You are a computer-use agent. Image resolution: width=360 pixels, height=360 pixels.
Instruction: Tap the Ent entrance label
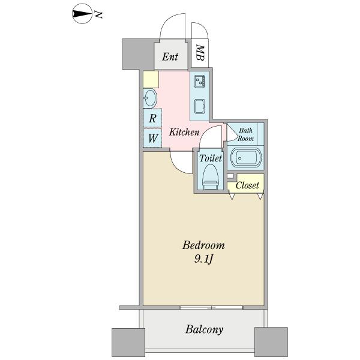click(x=170, y=57)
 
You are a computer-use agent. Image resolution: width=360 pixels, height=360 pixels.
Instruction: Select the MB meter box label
click(x=200, y=53)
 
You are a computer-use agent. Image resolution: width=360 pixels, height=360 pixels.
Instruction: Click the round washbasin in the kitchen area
click(x=149, y=98)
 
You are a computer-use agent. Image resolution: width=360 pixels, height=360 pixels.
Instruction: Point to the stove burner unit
click(x=200, y=81)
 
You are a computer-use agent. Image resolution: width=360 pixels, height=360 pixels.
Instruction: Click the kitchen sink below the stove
click(x=200, y=106)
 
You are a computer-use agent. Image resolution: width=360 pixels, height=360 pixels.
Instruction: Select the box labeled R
click(x=152, y=118)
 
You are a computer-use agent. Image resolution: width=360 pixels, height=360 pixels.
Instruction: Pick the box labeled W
click(x=152, y=138)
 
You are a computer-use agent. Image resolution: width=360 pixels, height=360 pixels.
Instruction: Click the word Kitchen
click(x=184, y=132)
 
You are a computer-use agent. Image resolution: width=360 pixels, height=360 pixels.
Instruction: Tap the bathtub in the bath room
click(x=246, y=158)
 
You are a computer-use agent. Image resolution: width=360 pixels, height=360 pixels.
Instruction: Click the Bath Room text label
click(x=245, y=134)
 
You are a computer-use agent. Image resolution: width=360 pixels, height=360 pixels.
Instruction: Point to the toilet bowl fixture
click(x=210, y=177)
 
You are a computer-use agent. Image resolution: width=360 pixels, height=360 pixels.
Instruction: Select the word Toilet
click(x=211, y=158)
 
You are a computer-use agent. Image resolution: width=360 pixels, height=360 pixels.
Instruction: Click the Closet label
click(x=247, y=185)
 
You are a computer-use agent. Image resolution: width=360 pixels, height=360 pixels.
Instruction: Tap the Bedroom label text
click(x=203, y=245)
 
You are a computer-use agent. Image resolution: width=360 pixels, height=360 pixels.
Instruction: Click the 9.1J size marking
click(x=203, y=259)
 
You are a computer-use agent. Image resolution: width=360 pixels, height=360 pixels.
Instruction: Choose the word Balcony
click(x=204, y=329)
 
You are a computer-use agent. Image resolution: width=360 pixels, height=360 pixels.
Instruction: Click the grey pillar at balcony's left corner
click(x=128, y=343)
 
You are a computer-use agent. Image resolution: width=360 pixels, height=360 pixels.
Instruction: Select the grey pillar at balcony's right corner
click(x=271, y=342)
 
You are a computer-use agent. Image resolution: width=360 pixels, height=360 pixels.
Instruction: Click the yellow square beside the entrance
click(x=151, y=79)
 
